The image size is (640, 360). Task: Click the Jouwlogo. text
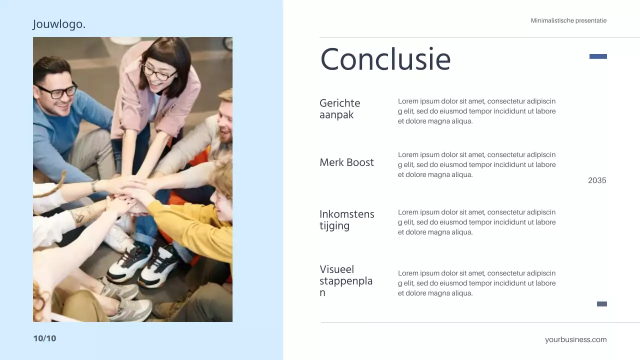pyautogui.click(x=59, y=24)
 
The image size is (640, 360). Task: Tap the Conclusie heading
pyautogui.click(x=385, y=59)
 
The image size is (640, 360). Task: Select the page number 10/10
pyautogui.click(x=44, y=338)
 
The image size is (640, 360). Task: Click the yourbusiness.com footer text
pyautogui.click(x=575, y=339)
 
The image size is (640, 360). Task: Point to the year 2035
pyautogui.click(x=597, y=180)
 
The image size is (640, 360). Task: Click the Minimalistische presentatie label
pyautogui.click(x=568, y=20)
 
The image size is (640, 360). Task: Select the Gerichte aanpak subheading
pyautogui.click(x=340, y=109)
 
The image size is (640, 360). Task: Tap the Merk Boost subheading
pyautogui.click(x=346, y=162)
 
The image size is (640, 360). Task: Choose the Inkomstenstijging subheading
pyautogui.click(x=346, y=220)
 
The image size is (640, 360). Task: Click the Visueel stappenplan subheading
pyautogui.click(x=345, y=281)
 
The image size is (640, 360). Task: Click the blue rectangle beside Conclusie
pyautogui.click(x=598, y=56)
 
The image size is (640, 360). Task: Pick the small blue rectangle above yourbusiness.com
pyautogui.click(x=602, y=304)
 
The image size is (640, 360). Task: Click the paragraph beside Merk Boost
pyautogui.click(x=476, y=165)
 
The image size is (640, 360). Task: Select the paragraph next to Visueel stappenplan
pyautogui.click(x=476, y=283)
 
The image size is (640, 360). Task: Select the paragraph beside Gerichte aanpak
pyautogui.click(x=476, y=111)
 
